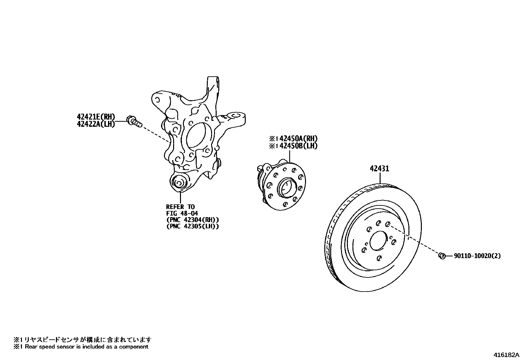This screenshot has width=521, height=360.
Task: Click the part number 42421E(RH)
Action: tap(96, 117)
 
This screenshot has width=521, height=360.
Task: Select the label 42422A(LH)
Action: tap(96, 124)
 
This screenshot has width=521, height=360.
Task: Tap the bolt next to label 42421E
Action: tap(134, 121)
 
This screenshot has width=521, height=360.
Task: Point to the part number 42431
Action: tap(380, 169)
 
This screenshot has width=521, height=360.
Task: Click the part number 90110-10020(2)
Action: tap(477, 256)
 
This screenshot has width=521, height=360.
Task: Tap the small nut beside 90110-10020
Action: tap(441, 256)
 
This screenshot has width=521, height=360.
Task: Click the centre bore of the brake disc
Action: tap(379, 240)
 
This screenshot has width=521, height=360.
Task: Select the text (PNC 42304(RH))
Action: tap(192, 220)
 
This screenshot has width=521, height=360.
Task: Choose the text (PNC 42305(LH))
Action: tap(192, 226)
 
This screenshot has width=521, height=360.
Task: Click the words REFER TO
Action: tap(180, 207)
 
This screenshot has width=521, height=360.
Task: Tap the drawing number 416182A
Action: tap(506, 355)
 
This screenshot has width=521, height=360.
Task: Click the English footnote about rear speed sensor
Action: tap(81, 347)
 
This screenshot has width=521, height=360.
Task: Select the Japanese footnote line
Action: tap(82, 340)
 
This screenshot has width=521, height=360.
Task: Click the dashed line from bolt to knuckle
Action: tap(155, 133)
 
